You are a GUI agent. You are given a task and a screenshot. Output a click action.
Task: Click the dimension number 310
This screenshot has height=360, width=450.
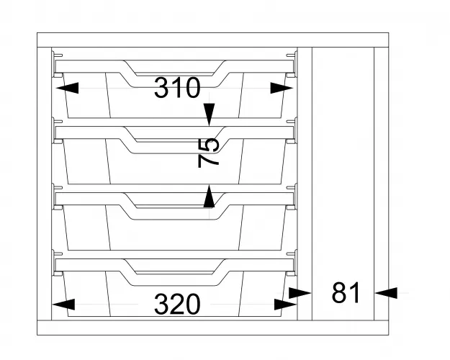(177, 88)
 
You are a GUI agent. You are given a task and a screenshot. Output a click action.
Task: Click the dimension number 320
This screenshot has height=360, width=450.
(177, 304)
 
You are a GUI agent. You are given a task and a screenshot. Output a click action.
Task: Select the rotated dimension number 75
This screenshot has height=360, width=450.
(209, 153)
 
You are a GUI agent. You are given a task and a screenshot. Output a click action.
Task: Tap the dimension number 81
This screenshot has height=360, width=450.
(346, 292)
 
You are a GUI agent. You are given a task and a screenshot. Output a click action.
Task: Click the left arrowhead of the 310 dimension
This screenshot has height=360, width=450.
(67, 88)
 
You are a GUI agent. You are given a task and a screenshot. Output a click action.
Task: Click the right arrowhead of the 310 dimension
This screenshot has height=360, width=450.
(282, 88)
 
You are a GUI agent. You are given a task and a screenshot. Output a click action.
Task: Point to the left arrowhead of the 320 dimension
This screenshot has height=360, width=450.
(63, 305)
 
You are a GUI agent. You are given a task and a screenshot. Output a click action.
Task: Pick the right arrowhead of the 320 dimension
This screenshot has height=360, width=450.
(285, 305)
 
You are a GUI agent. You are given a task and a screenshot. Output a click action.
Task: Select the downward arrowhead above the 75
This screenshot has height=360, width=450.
(210, 114)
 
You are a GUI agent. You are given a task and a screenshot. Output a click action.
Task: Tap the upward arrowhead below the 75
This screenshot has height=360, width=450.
(210, 197)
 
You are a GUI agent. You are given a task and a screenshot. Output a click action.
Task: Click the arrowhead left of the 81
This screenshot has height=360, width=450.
(300, 293)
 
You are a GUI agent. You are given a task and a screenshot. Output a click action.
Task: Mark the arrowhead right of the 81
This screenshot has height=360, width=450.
(387, 293)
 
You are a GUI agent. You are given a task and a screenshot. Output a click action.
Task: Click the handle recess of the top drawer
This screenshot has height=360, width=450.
(174, 68)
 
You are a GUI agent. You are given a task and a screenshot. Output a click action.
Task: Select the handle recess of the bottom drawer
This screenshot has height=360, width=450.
(174, 267)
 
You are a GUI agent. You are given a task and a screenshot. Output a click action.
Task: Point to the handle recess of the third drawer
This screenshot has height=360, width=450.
(174, 201)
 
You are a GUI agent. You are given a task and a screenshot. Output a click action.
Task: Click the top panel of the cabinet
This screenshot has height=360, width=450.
(213, 40)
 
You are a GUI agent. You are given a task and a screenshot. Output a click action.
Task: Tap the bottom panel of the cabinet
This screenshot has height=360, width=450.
(213, 328)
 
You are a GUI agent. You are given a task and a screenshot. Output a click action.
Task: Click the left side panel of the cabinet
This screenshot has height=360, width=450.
(44, 184)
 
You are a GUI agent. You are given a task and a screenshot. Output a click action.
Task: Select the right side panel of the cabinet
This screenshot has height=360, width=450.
(382, 184)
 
